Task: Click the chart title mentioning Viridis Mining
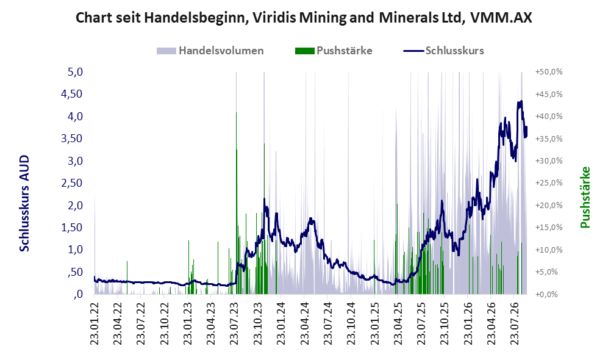(x=304, y=18)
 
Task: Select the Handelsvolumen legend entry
(x=210, y=51)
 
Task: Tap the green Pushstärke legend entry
(x=334, y=51)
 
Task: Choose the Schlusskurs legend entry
(x=443, y=51)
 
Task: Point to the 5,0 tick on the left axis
(x=75, y=72)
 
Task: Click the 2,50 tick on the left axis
(x=72, y=182)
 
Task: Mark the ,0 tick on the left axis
(x=77, y=294)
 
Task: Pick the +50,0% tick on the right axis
(x=549, y=72)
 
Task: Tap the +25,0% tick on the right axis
(x=549, y=182)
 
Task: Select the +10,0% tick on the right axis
(x=549, y=250)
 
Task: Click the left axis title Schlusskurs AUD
(x=24, y=203)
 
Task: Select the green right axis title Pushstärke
(x=585, y=197)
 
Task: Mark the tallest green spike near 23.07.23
(x=236, y=202)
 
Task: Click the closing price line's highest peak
(x=521, y=101)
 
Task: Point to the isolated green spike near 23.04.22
(x=127, y=278)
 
